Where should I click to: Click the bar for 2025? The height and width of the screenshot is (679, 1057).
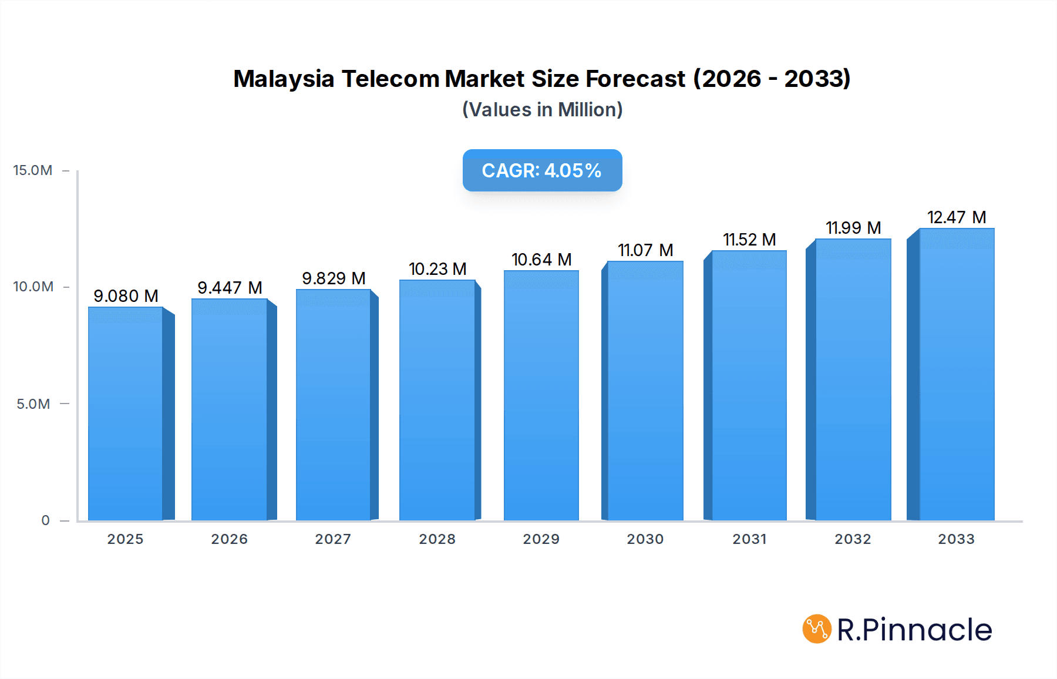(x=126, y=414)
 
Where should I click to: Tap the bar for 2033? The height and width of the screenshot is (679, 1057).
(x=956, y=374)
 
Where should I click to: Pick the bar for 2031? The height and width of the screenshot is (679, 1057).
(x=749, y=385)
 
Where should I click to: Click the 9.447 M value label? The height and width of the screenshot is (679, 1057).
(x=230, y=288)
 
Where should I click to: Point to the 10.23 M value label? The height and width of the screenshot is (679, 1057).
(x=437, y=269)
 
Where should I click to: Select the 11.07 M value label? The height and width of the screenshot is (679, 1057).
(x=645, y=250)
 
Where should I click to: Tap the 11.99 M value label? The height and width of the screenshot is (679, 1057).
(x=853, y=228)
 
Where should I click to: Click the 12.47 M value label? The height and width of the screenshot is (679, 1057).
(x=957, y=217)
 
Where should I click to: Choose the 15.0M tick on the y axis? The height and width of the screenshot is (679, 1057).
(x=33, y=170)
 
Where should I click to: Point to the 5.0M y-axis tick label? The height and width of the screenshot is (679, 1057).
(x=33, y=404)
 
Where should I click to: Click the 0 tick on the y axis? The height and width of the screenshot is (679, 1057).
(x=45, y=520)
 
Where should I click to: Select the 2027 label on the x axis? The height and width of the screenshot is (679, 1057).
(x=333, y=539)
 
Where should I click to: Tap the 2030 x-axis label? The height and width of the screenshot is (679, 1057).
(x=645, y=539)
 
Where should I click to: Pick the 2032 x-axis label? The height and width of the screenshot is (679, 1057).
(x=853, y=539)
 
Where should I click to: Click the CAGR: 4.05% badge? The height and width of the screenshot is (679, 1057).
(x=542, y=170)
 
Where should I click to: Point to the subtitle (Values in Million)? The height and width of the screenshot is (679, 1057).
(x=542, y=110)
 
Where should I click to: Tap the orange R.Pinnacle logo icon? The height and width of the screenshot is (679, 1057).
(x=817, y=629)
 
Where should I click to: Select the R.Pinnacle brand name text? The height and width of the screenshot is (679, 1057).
(x=914, y=630)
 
